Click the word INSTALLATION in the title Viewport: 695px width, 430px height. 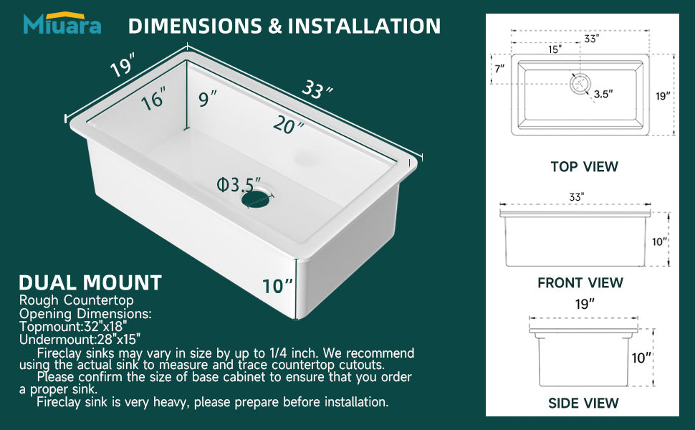[364, 27]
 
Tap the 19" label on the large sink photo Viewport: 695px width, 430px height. [123, 67]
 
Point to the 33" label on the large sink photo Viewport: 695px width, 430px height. [317, 91]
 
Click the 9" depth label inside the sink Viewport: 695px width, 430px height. [208, 97]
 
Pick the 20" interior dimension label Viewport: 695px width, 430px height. [289, 125]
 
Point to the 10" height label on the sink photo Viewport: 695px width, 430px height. [278, 286]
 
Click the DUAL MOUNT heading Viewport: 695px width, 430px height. [90, 282]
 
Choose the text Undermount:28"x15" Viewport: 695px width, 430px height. [80, 339]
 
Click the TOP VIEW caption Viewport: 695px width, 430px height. [584, 166]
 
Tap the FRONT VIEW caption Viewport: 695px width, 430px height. [580, 283]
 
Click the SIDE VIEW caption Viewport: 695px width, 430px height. [583, 403]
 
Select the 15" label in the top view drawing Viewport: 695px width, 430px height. [555, 49]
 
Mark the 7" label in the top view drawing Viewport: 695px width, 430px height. [499, 69]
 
